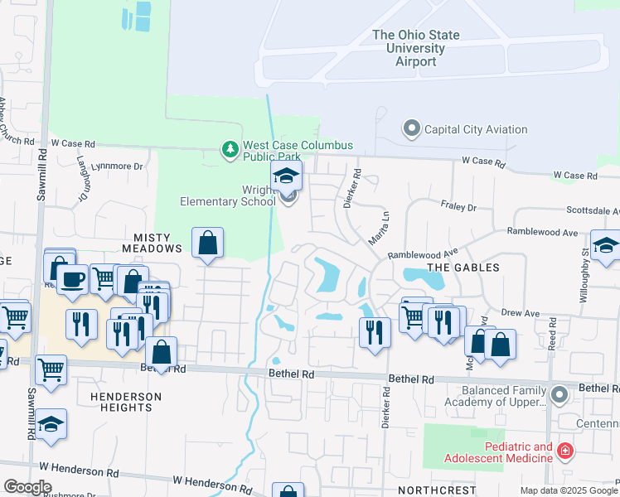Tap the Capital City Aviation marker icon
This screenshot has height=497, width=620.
point(412,128)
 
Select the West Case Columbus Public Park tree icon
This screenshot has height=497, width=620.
point(230,149)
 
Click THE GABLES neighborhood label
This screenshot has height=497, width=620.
point(463,267)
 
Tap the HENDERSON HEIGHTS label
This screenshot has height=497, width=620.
point(126,402)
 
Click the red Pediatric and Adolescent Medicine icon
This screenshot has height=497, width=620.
point(565,451)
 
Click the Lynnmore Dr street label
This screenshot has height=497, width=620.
point(120,166)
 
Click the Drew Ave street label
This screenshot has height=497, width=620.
point(521,314)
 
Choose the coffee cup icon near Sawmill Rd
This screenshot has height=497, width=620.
point(73,279)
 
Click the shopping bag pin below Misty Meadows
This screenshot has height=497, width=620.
point(207,244)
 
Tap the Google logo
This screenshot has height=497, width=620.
point(27,487)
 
